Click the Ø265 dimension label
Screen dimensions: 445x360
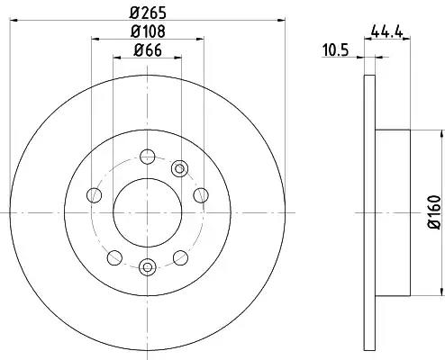[x=148, y=13]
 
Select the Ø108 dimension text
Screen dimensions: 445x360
[x=148, y=31]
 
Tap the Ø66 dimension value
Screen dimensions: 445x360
[x=148, y=50]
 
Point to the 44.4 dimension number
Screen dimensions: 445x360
[x=386, y=31]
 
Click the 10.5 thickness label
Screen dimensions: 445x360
[x=335, y=50]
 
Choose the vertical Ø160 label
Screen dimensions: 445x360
[x=434, y=212]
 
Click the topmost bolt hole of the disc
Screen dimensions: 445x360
[x=148, y=157]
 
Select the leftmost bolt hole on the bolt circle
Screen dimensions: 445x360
[x=94, y=195]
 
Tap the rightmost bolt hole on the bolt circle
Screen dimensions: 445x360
[x=201, y=195]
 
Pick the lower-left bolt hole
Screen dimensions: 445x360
[x=114, y=257]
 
